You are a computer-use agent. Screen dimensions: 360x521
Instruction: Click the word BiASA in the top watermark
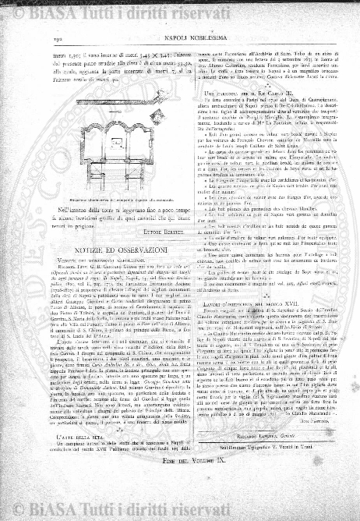[37, 7]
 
